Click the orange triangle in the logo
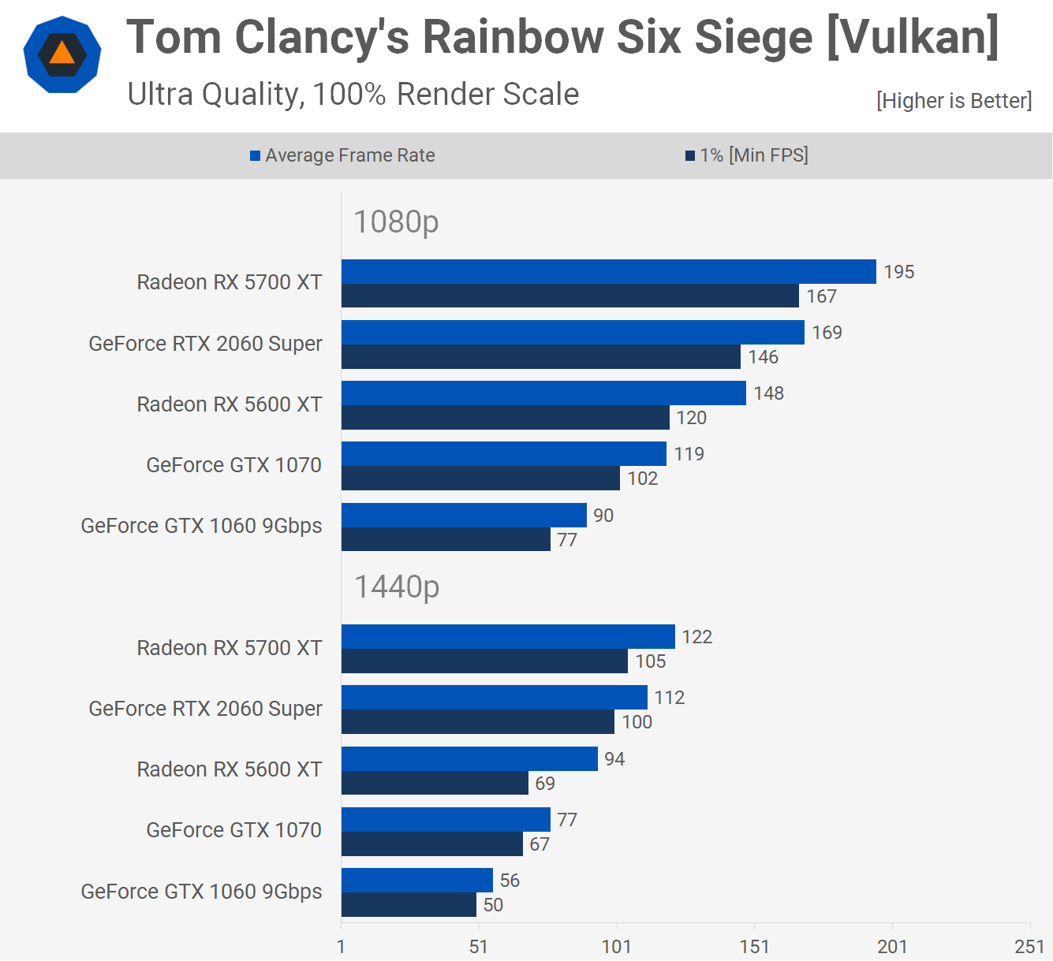(62, 53)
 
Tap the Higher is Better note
(954, 101)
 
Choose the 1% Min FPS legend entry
(747, 155)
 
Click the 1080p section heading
(396, 222)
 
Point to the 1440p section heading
(397, 587)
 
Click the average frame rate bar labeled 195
(608, 272)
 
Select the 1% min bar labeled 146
(540, 357)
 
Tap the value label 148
(768, 393)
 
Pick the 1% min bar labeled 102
(480, 479)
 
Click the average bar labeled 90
(464, 516)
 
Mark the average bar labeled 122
(508, 637)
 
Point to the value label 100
(637, 722)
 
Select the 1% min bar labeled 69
(435, 784)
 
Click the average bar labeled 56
(416, 881)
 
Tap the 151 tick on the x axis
(754, 946)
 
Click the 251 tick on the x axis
(1029, 946)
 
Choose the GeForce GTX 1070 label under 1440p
(233, 830)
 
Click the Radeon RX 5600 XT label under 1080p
(229, 404)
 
